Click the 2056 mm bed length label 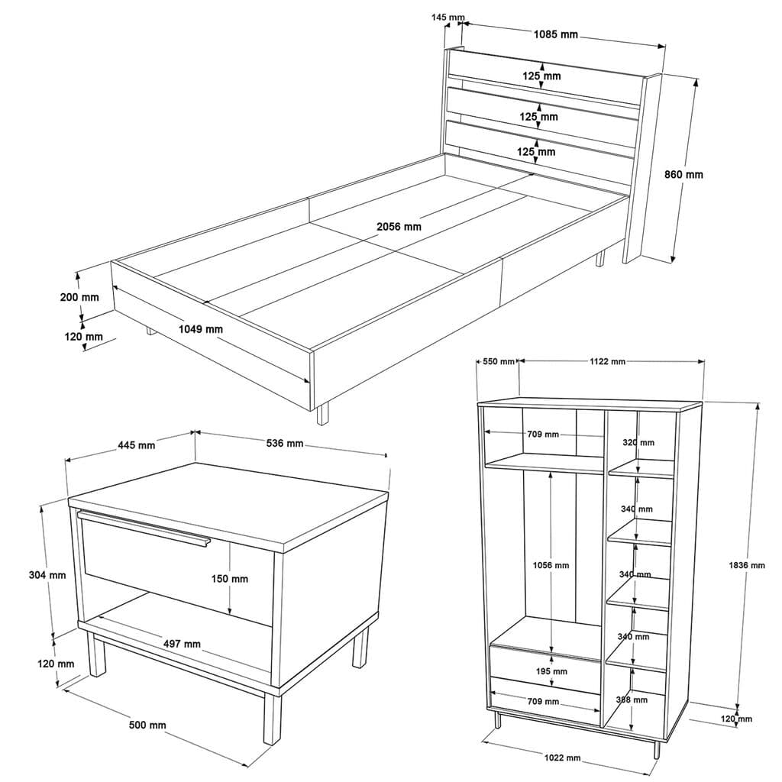pos(399,227)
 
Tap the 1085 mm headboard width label pos(555,34)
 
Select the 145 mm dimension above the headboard pos(448,18)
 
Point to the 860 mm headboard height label pos(683,174)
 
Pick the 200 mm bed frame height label pos(79,297)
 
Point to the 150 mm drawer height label pos(229,579)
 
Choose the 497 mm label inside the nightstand pos(182,644)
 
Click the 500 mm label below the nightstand pos(147,725)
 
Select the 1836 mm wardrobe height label pos(746,565)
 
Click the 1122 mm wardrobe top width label pos(607,362)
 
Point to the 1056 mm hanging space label pos(551,565)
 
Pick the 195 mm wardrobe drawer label pos(551,671)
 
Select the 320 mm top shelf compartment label pos(638,442)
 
